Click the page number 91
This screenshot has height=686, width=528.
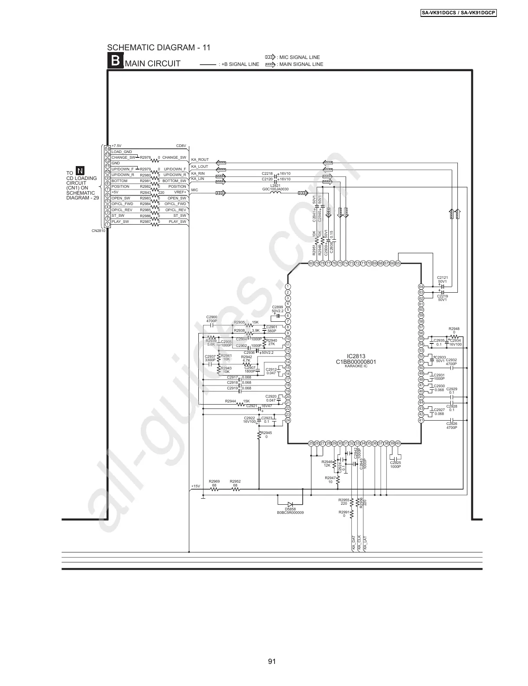pyautogui.click(x=272, y=661)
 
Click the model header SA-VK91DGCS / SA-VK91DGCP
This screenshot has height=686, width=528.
pyautogui.click(x=459, y=13)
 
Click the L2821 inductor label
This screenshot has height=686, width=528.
pyautogui.click(x=275, y=185)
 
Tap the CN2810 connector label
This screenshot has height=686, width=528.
pyautogui.click(x=98, y=231)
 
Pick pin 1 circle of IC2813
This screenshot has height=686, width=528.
pyautogui.click(x=288, y=286)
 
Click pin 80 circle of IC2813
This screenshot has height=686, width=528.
pyautogui.click(x=311, y=263)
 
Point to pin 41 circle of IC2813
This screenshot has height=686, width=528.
pyautogui.click(x=421, y=420)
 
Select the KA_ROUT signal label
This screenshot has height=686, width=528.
pyautogui.click(x=200, y=160)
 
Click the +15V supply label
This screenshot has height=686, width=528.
pyautogui.click(x=195, y=486)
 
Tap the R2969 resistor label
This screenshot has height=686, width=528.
pyautogui.click(x=214, y=481)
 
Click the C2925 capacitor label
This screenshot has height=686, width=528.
pyautogui.click(x=395, y=463)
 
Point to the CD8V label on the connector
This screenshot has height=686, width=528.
pyautogui.click(x=181, y=146)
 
